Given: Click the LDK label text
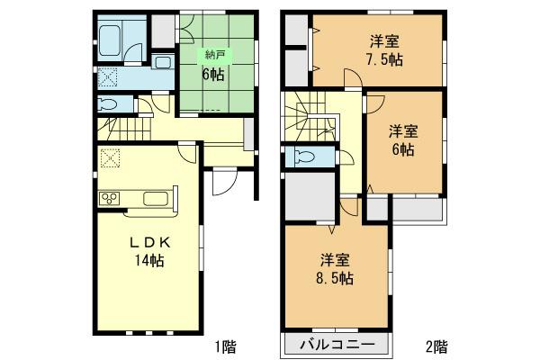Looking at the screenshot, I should pyautogui.click(x=148, y=244).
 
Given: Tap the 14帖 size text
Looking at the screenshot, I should pyautogui.click(x=148, y=261).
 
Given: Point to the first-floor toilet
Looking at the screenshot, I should pyautogui.click(x=107, y=104).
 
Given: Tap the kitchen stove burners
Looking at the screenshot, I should pyautogui.click(x=108, y=198).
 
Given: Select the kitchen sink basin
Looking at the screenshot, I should pyautogui.click(x=151, y=198).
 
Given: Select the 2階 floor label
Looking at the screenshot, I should pyautogui.click(x=437, y=345).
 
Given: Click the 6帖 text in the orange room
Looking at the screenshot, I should pyautogui.click(x=402, y=150).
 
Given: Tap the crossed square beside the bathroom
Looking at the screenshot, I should pyautogui.click(x=106, y=77).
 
